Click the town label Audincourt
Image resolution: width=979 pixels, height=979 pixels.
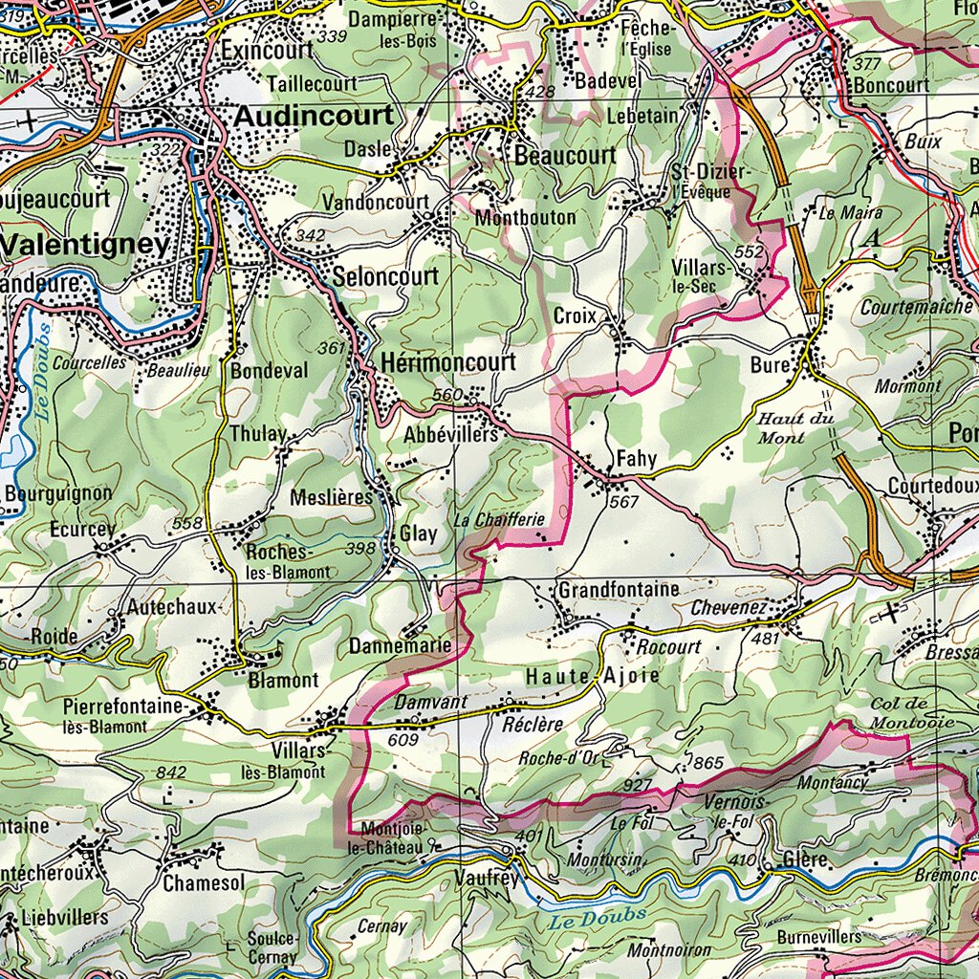click(314, 116)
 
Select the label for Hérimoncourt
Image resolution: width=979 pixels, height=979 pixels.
click(447, 362)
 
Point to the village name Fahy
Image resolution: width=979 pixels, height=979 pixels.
click(636, 458)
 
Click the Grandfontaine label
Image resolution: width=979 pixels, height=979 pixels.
click(619, 589)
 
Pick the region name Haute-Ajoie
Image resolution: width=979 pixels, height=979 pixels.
click(592, 676)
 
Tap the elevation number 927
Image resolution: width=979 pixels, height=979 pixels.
click(637, 785)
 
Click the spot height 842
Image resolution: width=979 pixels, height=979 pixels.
click(171, 772)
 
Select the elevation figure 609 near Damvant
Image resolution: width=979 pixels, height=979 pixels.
click(403, 739)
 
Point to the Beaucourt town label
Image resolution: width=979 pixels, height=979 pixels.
click(565, 155)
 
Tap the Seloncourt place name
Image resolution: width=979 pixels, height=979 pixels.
click(385, 277)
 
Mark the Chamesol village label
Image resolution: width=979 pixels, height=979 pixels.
click(204, 883)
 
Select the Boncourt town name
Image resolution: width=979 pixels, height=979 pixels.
click(893, 84)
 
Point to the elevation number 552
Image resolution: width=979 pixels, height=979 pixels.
click(751, 250)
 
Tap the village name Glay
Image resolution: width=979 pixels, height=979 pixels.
click(418, 533)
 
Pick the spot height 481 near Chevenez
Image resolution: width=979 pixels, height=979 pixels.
click(767, 638)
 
